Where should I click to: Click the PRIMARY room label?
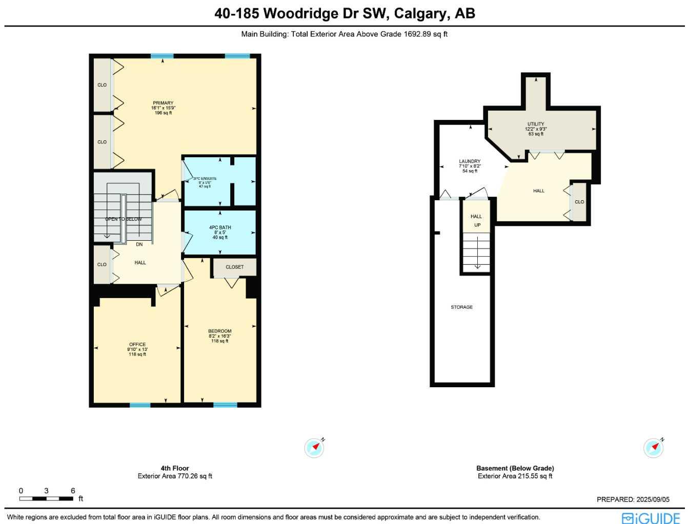tap(163, 103)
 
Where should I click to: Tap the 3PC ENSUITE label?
tap(205, 179)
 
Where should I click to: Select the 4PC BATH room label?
tap(220, 227)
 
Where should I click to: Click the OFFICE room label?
tap(137, 345)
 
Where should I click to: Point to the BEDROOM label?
tap(219, 331)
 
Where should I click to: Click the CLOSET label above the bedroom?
tap(234, 267)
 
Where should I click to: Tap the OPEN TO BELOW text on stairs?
tap(124, 219)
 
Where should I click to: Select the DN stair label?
tap(139, 244)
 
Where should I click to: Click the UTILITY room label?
tap(536, 124)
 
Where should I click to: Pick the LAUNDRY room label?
tap(470, 161)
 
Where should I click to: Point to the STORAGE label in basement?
tap(461, 307)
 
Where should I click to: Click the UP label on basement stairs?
tap(477, 225)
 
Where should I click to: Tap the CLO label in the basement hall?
tap(579, 202)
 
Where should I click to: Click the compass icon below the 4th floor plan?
tap(314, 448)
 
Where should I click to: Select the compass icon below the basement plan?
tap(654, 448)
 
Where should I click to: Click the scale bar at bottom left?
tap(46, 498)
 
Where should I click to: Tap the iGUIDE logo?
tap(651, 518)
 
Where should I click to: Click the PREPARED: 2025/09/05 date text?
tap(633, 499)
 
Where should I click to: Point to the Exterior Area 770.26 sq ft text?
tap(175, 476)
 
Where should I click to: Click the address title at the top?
tap(345, 13)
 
